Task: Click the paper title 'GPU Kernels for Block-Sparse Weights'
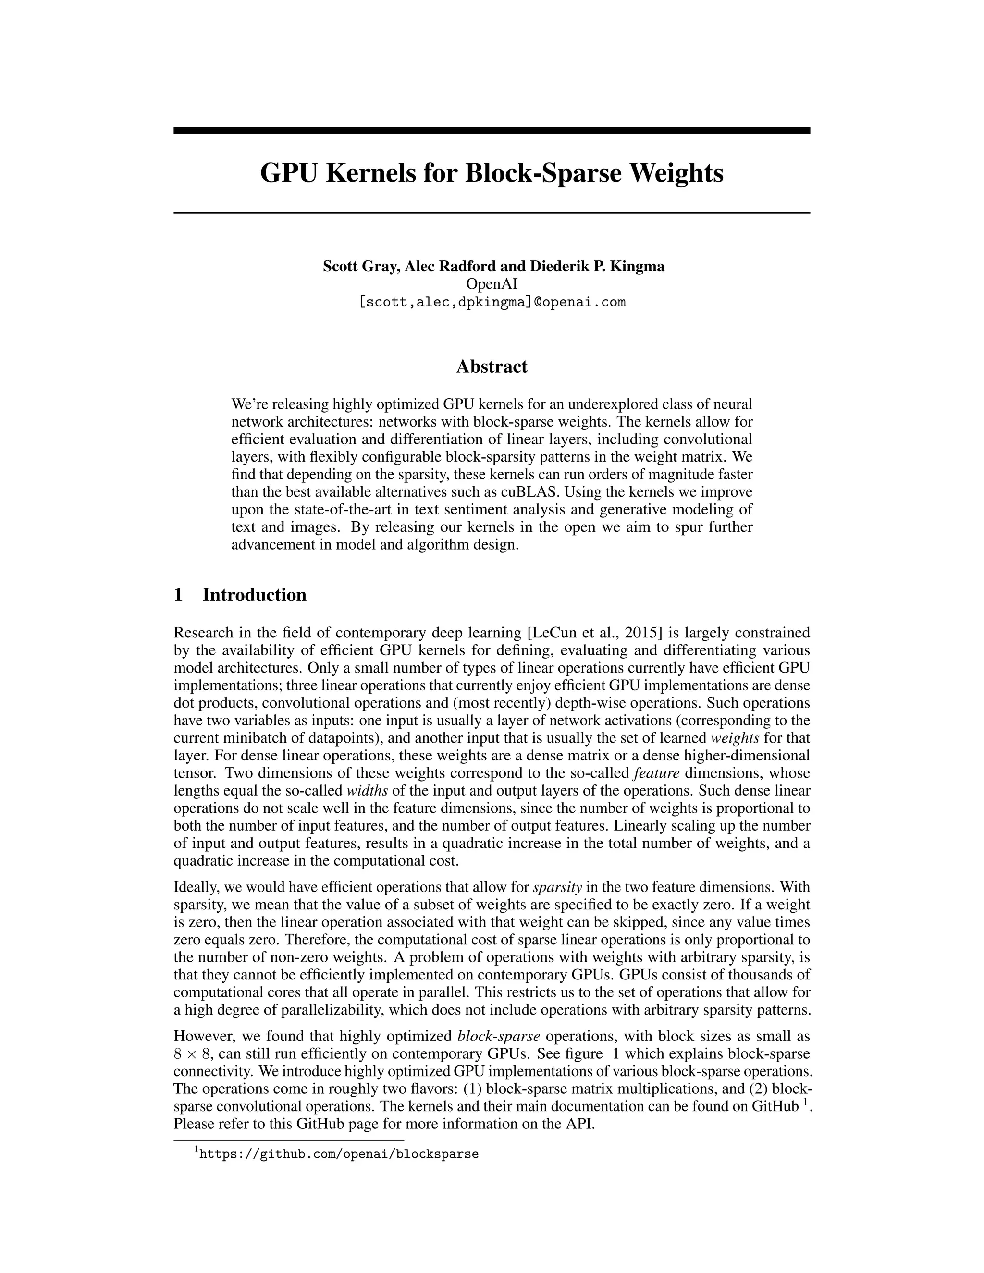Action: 492,173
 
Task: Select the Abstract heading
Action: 492,367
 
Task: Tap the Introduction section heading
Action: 254,595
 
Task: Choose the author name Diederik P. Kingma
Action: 597,267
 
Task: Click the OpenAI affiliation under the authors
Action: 492,284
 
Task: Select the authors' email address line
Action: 492,302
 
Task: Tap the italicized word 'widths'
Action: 367,791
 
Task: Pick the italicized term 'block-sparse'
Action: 498,1036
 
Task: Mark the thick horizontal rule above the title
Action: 492,131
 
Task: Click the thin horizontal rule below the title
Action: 492,213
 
